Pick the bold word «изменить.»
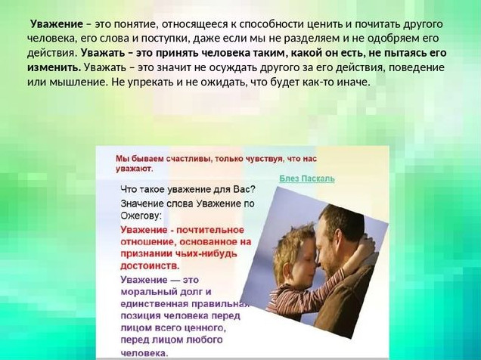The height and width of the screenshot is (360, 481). [x=54, y=67]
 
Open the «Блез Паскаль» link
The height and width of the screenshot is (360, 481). [x=307, y=178]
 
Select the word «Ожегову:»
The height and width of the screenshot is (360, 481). [x=141, y=216]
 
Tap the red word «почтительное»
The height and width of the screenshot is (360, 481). [x=210, y=230]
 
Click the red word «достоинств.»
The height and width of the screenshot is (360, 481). [x=150, y=266]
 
